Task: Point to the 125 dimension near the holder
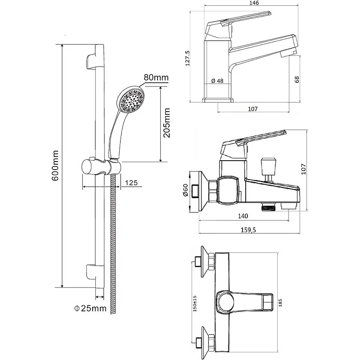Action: click(131, 183)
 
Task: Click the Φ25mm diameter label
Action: click(90, 308)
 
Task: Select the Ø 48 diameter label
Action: click(217, 81)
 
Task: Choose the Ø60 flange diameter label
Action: click(185, 190)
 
